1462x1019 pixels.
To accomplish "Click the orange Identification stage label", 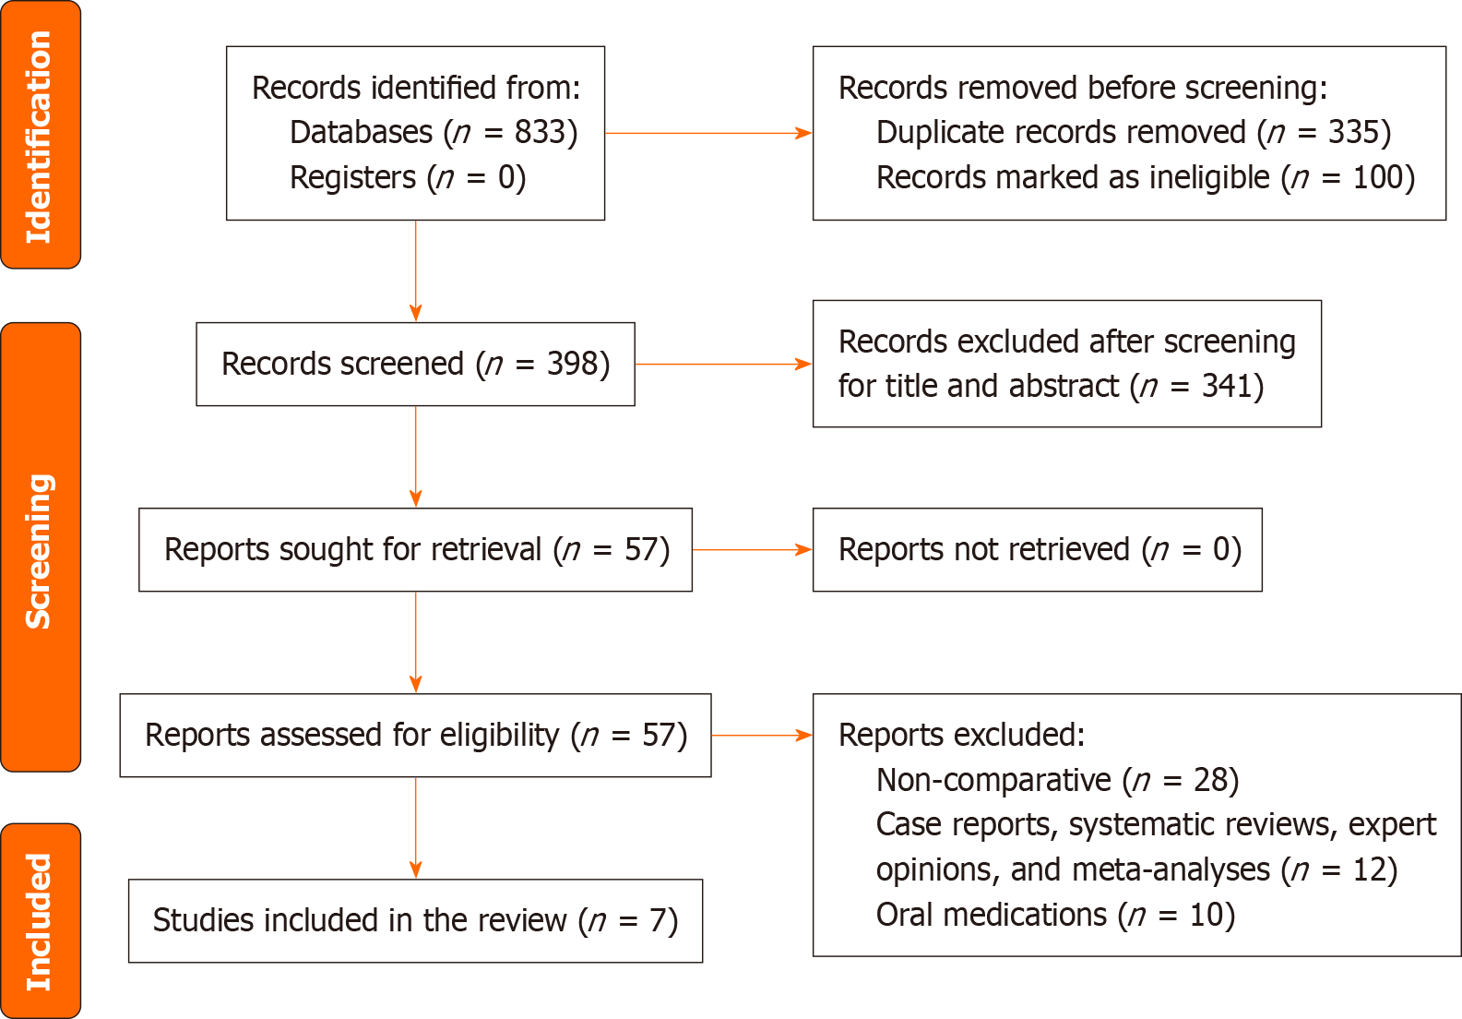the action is coord(41,135).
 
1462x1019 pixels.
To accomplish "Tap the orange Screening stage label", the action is coord(41,547).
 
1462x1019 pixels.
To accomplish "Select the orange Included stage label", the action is coord(41,920).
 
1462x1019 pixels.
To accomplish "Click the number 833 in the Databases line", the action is coord(539,132).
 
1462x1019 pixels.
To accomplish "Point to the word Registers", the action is coord(352,177).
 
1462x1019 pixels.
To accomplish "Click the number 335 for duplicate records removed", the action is coord(1353,132).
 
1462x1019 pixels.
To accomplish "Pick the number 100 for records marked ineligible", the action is coord(1378,177).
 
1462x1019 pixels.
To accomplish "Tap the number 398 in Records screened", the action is coord(572,364).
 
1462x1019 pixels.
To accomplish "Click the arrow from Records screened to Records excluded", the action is coord(723,364).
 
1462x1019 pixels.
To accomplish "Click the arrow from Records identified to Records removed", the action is coord(708,133).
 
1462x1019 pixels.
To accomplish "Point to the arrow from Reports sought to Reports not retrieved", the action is coord(752,550).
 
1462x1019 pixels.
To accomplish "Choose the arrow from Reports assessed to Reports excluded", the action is coord(762,736).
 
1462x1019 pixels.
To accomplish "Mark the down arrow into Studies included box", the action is coord(416,828).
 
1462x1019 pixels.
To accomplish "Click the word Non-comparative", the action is coord(993,780).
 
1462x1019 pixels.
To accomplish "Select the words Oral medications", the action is coord(992,915).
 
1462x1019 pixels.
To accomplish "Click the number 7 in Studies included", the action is coord(657,920).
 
